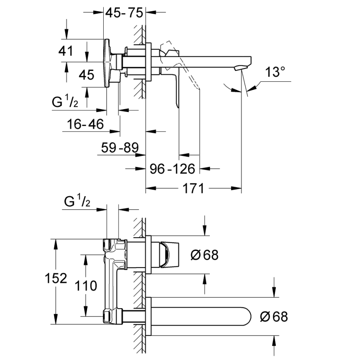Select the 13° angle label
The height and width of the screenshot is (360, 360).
(x=275, y=73)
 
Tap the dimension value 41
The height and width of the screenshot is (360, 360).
(x=66, y=51)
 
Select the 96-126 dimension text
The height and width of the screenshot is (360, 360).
(x=172, y=169)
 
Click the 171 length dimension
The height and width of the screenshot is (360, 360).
(x=193, y=189)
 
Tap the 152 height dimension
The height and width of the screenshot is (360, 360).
(x=56, y=278)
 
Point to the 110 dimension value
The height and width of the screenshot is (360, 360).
(x=86, y=286)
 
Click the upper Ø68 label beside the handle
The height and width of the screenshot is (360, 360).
(x=204, y=254)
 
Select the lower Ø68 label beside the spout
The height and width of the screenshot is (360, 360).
(x=273, y=317)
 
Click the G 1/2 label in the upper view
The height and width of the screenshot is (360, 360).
(x=66, y=102)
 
